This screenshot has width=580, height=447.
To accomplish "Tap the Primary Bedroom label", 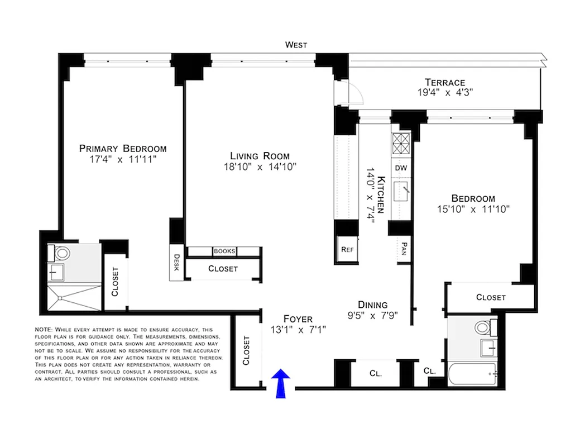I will [x=123, y=148].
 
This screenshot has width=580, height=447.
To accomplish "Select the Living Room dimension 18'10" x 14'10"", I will [x=260, y=167].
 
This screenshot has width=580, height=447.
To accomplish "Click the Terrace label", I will [x=444, y=82].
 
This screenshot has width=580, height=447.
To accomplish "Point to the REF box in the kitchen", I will [x=347, y=249].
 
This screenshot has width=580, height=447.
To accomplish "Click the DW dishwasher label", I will [x=401, y=168].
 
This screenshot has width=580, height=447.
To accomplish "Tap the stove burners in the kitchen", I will [x=401, y=145].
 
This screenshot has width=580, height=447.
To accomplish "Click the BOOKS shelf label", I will [x=224, y=251].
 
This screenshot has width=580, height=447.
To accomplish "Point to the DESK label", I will [x=176, y=263].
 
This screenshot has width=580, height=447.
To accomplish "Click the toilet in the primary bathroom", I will [x=60, y=253].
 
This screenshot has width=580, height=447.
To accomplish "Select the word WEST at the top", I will [x=296, y=45].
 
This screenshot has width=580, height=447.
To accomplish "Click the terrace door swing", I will [x=356, y=94].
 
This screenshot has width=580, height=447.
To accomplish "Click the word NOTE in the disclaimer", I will [x=42, y=330].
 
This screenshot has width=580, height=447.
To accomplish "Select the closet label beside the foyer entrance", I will [x=247, y=350].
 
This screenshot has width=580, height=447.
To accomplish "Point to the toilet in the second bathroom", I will [x=481, y=327].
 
